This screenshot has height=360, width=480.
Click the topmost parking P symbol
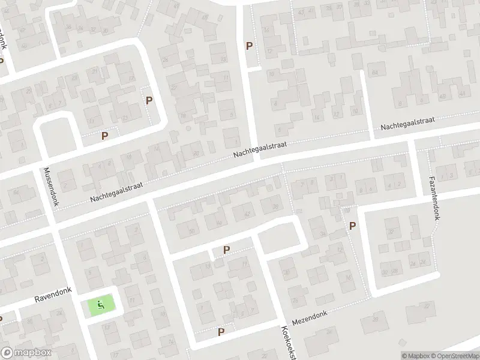[x=249, y=46]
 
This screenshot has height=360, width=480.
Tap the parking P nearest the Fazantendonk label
[x=352, y=226]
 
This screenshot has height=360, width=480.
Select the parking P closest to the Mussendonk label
[x=105, y=136]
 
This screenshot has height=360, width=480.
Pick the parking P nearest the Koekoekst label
[x=221, y=331]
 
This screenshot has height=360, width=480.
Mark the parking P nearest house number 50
[x=226, y=250]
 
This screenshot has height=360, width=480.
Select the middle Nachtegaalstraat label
[x=261, y=150]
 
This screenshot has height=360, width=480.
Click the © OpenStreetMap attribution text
[x=458, y=356]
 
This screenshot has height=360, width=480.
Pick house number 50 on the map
[x=191, y=230]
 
